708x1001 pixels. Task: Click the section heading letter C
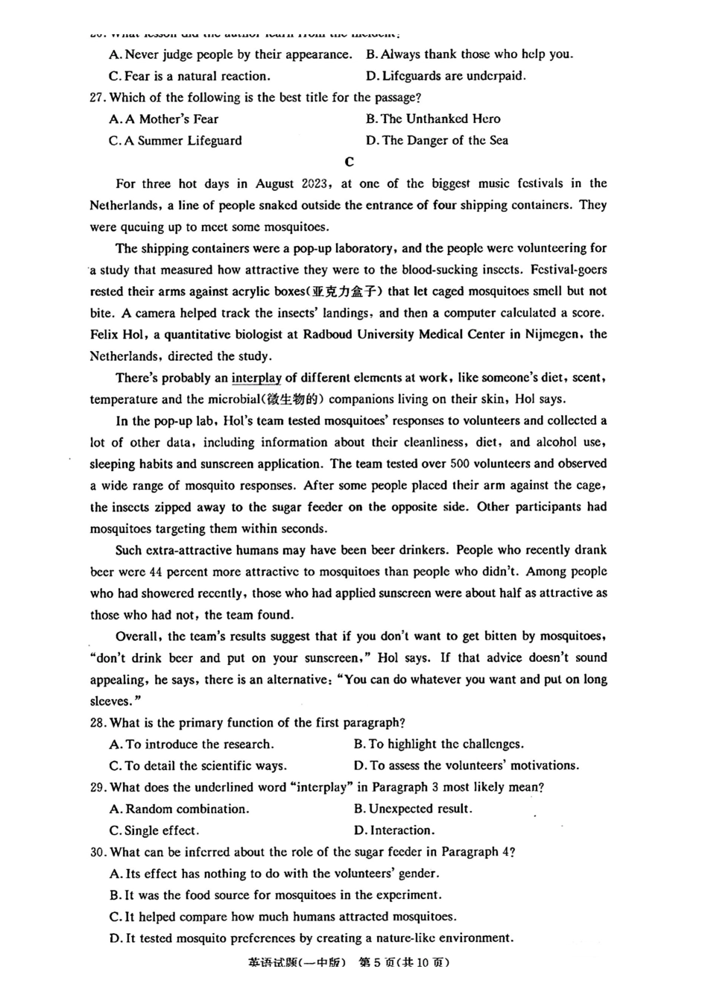350,162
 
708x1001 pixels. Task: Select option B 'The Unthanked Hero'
433,119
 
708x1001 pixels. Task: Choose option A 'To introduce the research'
192,745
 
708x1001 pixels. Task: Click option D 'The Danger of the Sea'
437,140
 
